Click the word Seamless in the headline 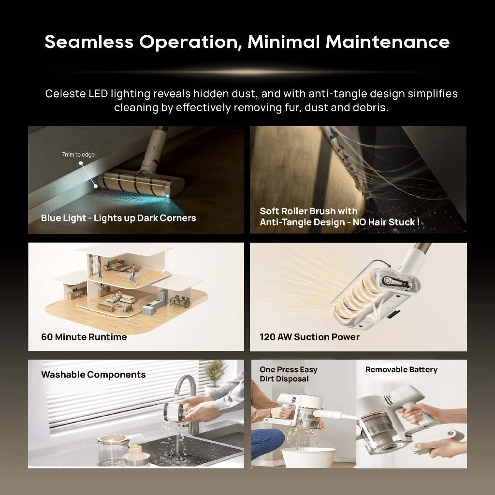(x=89, y=42)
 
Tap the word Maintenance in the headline (x=388, y=42)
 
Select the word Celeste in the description (x=65, y=94)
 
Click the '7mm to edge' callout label (x=78, y=154)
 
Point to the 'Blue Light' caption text (x=63, y=218)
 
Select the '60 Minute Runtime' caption (x=84, y=337)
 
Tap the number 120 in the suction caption (x=267, y=337)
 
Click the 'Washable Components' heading (x=93, y=375)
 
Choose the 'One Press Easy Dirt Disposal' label (x=289, y=374)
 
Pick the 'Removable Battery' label (x=401, y=370)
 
